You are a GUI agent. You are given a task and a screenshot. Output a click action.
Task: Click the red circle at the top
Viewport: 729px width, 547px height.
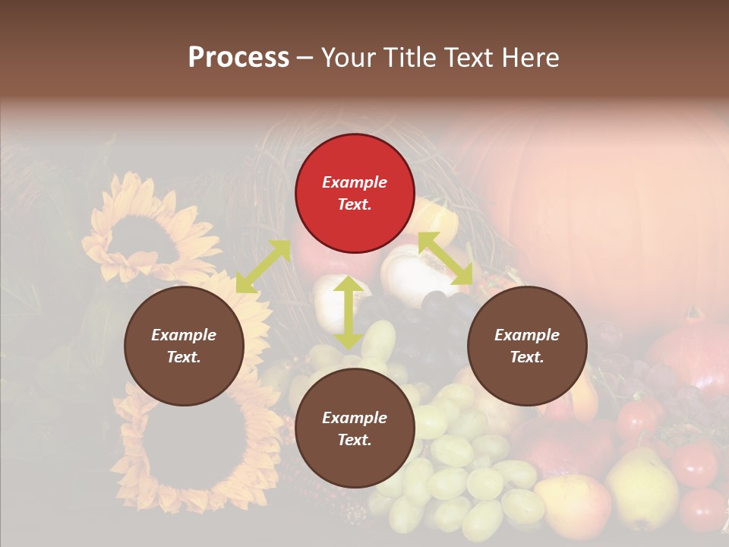355,194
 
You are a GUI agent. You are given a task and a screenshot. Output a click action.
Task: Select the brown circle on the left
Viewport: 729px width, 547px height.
184,346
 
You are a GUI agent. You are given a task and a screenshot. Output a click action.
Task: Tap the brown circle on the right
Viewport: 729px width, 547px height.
527,346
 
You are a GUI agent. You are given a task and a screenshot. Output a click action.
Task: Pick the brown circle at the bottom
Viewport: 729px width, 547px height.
355,428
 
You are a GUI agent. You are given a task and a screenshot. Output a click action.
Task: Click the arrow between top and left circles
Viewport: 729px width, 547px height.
263,267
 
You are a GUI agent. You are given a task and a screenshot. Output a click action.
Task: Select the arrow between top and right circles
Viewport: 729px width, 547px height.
445,258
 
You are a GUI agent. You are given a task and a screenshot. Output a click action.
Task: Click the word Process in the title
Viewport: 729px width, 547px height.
238,58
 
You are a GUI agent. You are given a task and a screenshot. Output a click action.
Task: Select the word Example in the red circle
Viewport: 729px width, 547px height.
355,182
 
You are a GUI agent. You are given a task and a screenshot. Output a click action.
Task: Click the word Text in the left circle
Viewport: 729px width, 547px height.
184,358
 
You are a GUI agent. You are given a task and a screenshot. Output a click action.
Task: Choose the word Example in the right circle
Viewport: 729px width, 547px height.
527,335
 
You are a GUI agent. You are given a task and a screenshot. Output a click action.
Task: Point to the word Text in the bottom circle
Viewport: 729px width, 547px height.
355,440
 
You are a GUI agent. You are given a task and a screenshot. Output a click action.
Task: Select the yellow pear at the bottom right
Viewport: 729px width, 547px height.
642,486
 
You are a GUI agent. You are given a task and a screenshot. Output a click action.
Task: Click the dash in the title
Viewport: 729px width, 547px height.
305,58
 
